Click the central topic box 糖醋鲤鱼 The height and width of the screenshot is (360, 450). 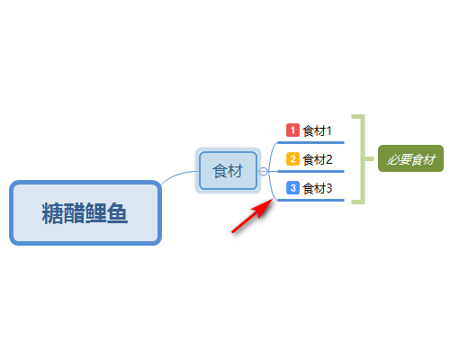click(85, 212)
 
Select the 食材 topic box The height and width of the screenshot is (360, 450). click(229, 171)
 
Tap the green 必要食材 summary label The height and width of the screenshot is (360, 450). click(410, 158)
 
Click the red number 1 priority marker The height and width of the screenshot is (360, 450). click(292, 130)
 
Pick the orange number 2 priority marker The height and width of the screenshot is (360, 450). click(292, 159)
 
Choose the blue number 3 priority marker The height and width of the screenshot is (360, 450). click(292, 188)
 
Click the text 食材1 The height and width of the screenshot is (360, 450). click(317, 130)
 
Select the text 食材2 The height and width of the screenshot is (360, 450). click(318, 159)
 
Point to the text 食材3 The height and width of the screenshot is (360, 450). click(318, 188)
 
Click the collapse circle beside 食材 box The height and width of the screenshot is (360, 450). click(263, 171)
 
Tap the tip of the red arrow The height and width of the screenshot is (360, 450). click(273, 200)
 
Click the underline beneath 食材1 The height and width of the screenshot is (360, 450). click(310, 142)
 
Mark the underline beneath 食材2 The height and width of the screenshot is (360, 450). click(310, 171)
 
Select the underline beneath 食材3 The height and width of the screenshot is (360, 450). click(310, 200)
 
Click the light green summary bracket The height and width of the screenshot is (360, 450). click(364, 159)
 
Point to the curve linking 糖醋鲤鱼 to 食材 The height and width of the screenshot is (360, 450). click(178, 174)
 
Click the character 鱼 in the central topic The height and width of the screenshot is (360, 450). click(117, 213)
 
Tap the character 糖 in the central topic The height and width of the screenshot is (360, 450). click(52, 213)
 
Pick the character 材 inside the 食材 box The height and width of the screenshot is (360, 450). click(235, 171)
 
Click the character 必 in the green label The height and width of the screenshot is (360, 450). click(392, 159)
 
